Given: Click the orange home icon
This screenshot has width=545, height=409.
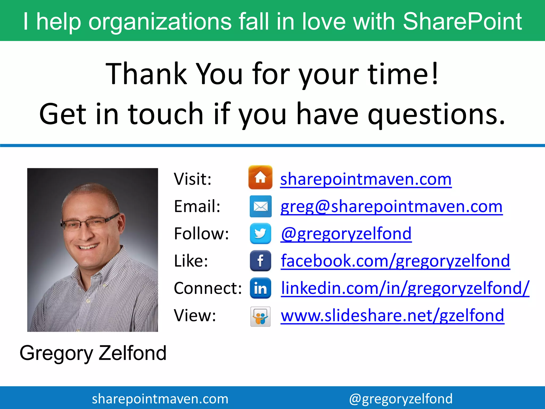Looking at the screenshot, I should click(x=260, y=177).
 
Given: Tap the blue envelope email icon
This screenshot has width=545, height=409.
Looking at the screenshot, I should click(x=261, y=206).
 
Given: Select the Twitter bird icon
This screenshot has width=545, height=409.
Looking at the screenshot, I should click(x=260, y=234).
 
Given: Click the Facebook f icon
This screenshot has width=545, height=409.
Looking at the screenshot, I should click(x=260, y=261).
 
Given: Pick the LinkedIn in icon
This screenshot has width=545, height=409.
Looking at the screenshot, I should click(x=260, y=288).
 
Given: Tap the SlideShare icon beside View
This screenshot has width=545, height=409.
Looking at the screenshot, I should click(x=260, y=316).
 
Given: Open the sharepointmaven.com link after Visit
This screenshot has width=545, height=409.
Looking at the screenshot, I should click(x=366, y=179).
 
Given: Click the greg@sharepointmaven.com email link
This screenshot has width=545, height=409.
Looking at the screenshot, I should click(x=391, y=207).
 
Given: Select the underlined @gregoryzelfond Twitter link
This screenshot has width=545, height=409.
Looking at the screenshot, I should click(x=346, y=234).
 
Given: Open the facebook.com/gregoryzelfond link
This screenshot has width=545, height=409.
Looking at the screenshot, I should click(x=395, y=261).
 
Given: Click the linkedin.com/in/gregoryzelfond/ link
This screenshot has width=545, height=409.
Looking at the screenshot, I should click(x=405, y=288).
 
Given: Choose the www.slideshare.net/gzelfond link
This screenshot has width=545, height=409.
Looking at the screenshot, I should click(x=393, y=316).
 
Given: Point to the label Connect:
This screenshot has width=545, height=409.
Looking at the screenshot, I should click(x=208, y=288).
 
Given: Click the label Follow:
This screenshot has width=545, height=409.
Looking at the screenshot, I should click(x=201, y=234).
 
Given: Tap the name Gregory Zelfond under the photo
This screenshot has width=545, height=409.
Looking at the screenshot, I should click(x=93, y=353).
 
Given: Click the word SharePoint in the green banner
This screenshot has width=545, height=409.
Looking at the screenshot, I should click(x=462, y=21).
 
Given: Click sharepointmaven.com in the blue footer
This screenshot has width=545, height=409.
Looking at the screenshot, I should click(x=160, y=399).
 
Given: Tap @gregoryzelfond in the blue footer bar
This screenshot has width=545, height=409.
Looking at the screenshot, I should click(x=401, y=399).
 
